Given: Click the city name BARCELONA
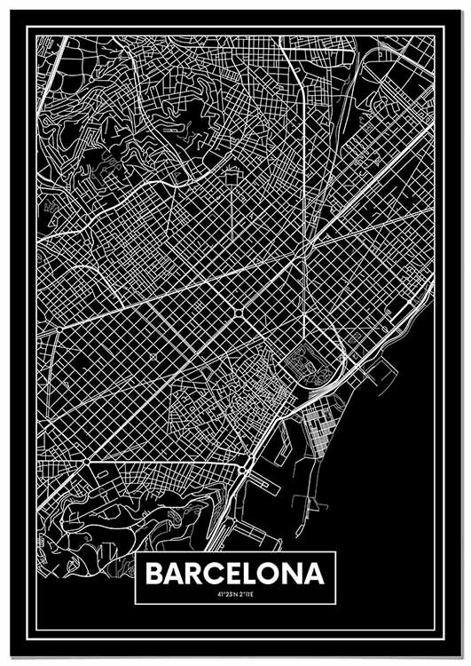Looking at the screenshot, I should (x=235, y=574).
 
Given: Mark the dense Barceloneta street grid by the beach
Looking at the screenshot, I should (x=318, y=435).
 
